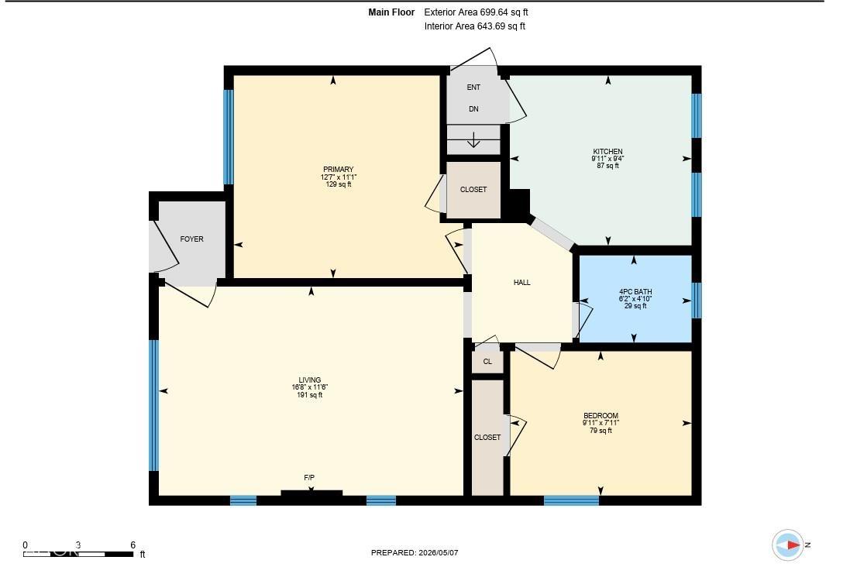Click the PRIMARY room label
click(x=339, y=169)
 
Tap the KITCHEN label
click(x=607, y=152)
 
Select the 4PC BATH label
click(x=635, y=291)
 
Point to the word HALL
click(x=522, y=283)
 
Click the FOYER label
click(x=192, y=239)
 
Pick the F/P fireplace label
click(x=309, y=478)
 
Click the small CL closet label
click(x=487, y=362)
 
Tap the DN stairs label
click(x=473, y=109)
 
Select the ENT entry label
click(x=473, y=88)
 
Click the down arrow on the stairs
click(x=473, y=140)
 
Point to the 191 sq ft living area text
click(x=309, y=395)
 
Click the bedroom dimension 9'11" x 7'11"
click(x=601, y=423)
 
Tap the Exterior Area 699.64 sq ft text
click(x=476, y=12)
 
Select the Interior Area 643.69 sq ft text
click(x=475, y=26)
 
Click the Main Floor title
click(x=391, y=12)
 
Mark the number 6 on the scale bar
click(x=132, y=545)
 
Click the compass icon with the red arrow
click(x=788, y=545)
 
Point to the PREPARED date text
click(x=415, y=553)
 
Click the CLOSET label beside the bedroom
click(x=487, y=438)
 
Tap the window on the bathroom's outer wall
click(x=697, y=301)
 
